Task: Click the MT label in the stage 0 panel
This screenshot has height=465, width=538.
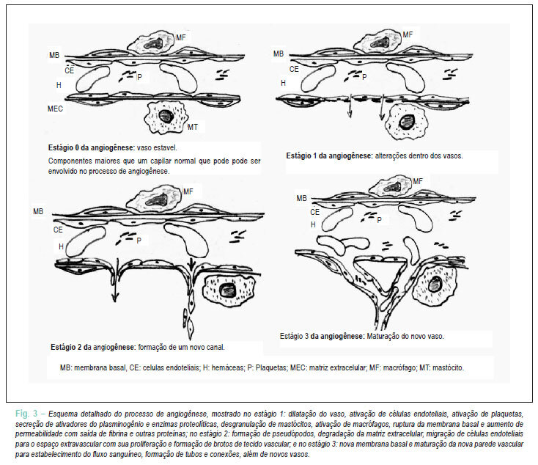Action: pos(193,128)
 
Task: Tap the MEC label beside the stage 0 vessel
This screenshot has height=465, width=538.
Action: pos(55,109)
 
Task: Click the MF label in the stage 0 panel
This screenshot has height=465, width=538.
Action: pos(181,37)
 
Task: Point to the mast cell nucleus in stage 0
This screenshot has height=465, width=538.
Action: pos(166,117)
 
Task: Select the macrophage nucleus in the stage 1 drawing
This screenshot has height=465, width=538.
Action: pos(380,43)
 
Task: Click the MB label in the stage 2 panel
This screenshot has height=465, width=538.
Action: pos(38,211)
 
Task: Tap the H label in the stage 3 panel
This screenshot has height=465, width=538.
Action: pos(313,224)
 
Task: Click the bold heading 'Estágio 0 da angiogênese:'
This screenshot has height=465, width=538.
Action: pos(92,148)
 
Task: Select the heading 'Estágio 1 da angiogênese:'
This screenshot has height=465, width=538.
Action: pos(329,156)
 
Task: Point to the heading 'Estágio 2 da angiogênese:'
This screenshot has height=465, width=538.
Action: pos(93,347)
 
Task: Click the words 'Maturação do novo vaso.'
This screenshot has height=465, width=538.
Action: pos(405,336)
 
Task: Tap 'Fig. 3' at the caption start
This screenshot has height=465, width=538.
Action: pos(26,413)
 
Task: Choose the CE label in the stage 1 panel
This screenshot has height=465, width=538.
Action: pos(294,70)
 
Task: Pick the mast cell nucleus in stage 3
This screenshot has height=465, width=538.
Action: pos(435,284)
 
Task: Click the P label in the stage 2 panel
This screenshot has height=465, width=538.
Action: pos(139,241)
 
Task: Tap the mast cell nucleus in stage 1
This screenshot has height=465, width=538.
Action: pos(407,122)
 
